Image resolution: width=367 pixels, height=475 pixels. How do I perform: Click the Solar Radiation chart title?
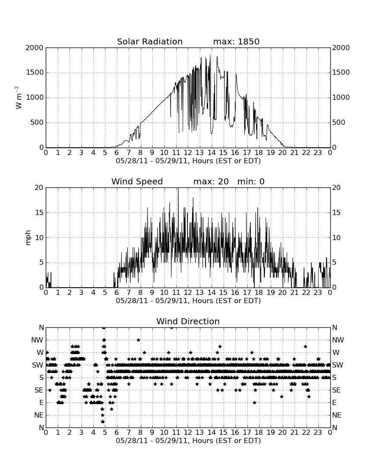coord(150,41)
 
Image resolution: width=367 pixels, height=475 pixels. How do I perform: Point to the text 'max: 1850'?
coord(236,41)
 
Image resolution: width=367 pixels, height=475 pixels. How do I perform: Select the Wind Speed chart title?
coord(137,181)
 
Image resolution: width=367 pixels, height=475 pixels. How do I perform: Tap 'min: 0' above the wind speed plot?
coord(251,181)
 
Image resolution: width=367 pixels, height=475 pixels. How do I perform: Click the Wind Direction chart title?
coord(188,321)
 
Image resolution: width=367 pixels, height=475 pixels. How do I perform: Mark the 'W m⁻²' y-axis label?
coord(19,98)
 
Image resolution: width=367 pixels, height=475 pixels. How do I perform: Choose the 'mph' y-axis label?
coord(28,238)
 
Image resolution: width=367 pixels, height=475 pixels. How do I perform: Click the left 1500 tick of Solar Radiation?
coord(35,73)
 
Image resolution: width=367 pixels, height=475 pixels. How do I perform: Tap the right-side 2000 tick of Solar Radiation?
coord(341,47)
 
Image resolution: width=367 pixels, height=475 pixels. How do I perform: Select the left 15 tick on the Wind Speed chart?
coord(39,212)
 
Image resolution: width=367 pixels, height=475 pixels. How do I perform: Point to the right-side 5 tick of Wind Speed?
coord(334,263)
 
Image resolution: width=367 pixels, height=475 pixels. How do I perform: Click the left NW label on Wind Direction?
coord(37,340)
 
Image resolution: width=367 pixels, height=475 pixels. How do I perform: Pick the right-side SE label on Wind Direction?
coord(336,390)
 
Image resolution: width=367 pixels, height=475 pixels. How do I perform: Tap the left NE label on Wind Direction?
coord(39,415)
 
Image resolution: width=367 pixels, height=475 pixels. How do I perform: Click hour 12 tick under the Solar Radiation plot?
coord(188,153)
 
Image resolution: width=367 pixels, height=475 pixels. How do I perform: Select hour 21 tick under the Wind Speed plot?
coord(294,293)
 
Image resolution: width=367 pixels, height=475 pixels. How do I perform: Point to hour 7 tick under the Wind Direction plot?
coord(129,433)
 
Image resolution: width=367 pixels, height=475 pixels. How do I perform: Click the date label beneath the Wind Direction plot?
coord(188,441)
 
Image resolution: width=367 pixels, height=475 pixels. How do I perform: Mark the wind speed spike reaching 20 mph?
coord(178,188)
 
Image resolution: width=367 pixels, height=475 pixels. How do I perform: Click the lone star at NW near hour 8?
coord(138,340)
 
